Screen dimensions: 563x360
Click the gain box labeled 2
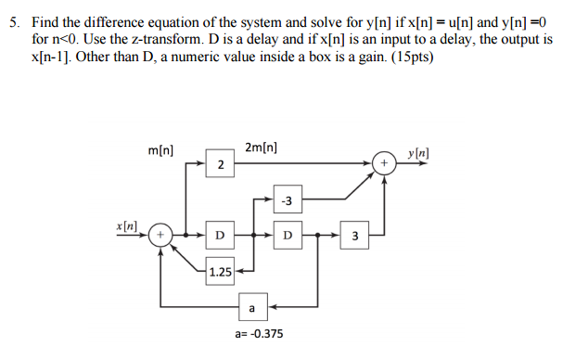point(220,164)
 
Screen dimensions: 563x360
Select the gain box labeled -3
point(287,199)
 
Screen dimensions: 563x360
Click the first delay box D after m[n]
point(220,235)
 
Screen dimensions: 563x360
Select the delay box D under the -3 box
point(287,235)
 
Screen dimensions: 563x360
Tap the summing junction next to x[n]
point(160,235)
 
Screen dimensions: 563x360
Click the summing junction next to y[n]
point(384,164)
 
